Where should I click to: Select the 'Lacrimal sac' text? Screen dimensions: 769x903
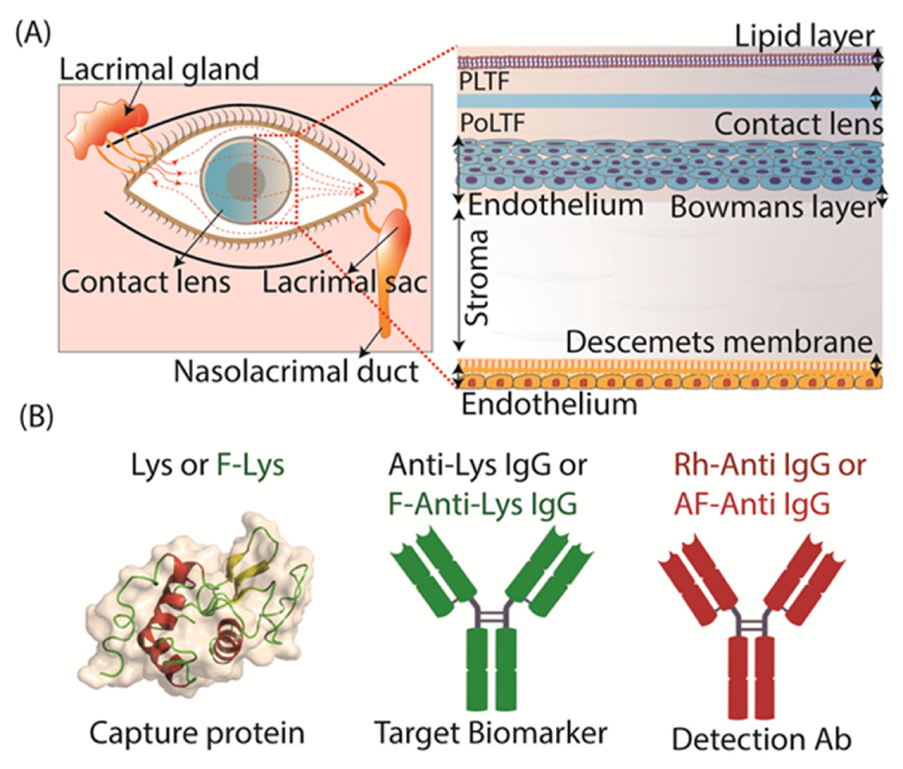pos(344,282)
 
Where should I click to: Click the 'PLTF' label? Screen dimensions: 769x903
pos(484,82)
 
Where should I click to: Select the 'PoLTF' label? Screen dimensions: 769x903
pos(492,123)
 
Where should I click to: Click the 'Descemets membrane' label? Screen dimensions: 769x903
pos(719,342)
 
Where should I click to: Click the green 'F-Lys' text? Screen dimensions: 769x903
pos(250,465)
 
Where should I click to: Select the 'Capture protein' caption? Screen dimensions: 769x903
pos(197,733)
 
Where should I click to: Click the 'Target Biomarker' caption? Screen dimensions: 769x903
pos(491,733)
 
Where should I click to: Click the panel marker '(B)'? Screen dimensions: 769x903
pos(37,417)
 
